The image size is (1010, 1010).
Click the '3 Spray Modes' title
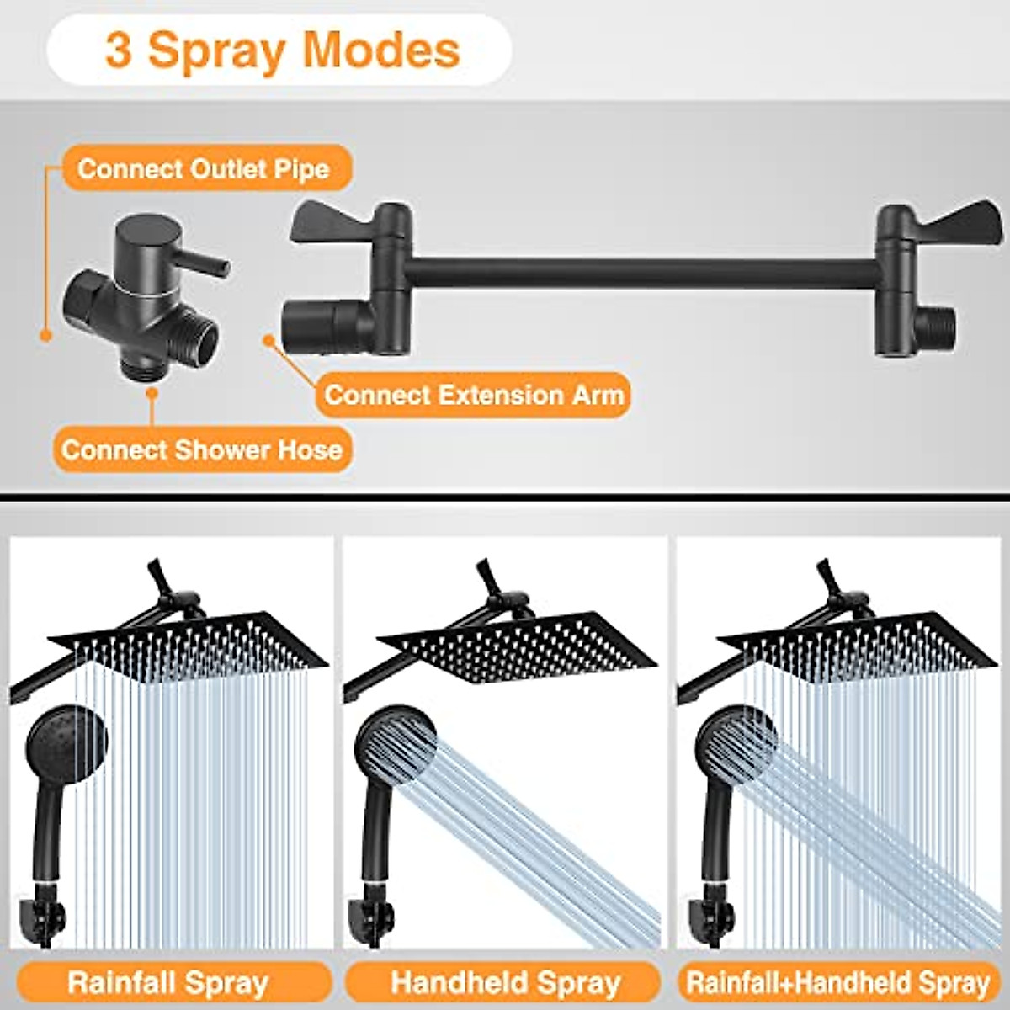click(282, 50)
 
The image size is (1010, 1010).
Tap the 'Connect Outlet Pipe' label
click(203, 168)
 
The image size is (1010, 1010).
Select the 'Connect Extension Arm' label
click(474, 395)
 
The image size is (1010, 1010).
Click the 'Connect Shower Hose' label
click(201, 449)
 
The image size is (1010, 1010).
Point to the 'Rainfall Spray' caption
click(168, 982)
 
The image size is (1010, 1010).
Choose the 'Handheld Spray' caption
click(505, 982)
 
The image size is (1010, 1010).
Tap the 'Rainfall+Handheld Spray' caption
click(838, 982)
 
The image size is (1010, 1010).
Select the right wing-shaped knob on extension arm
click(956, 221)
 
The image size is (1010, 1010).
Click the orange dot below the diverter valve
click(152, 391)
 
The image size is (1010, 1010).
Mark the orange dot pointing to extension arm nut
click(269, 340)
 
